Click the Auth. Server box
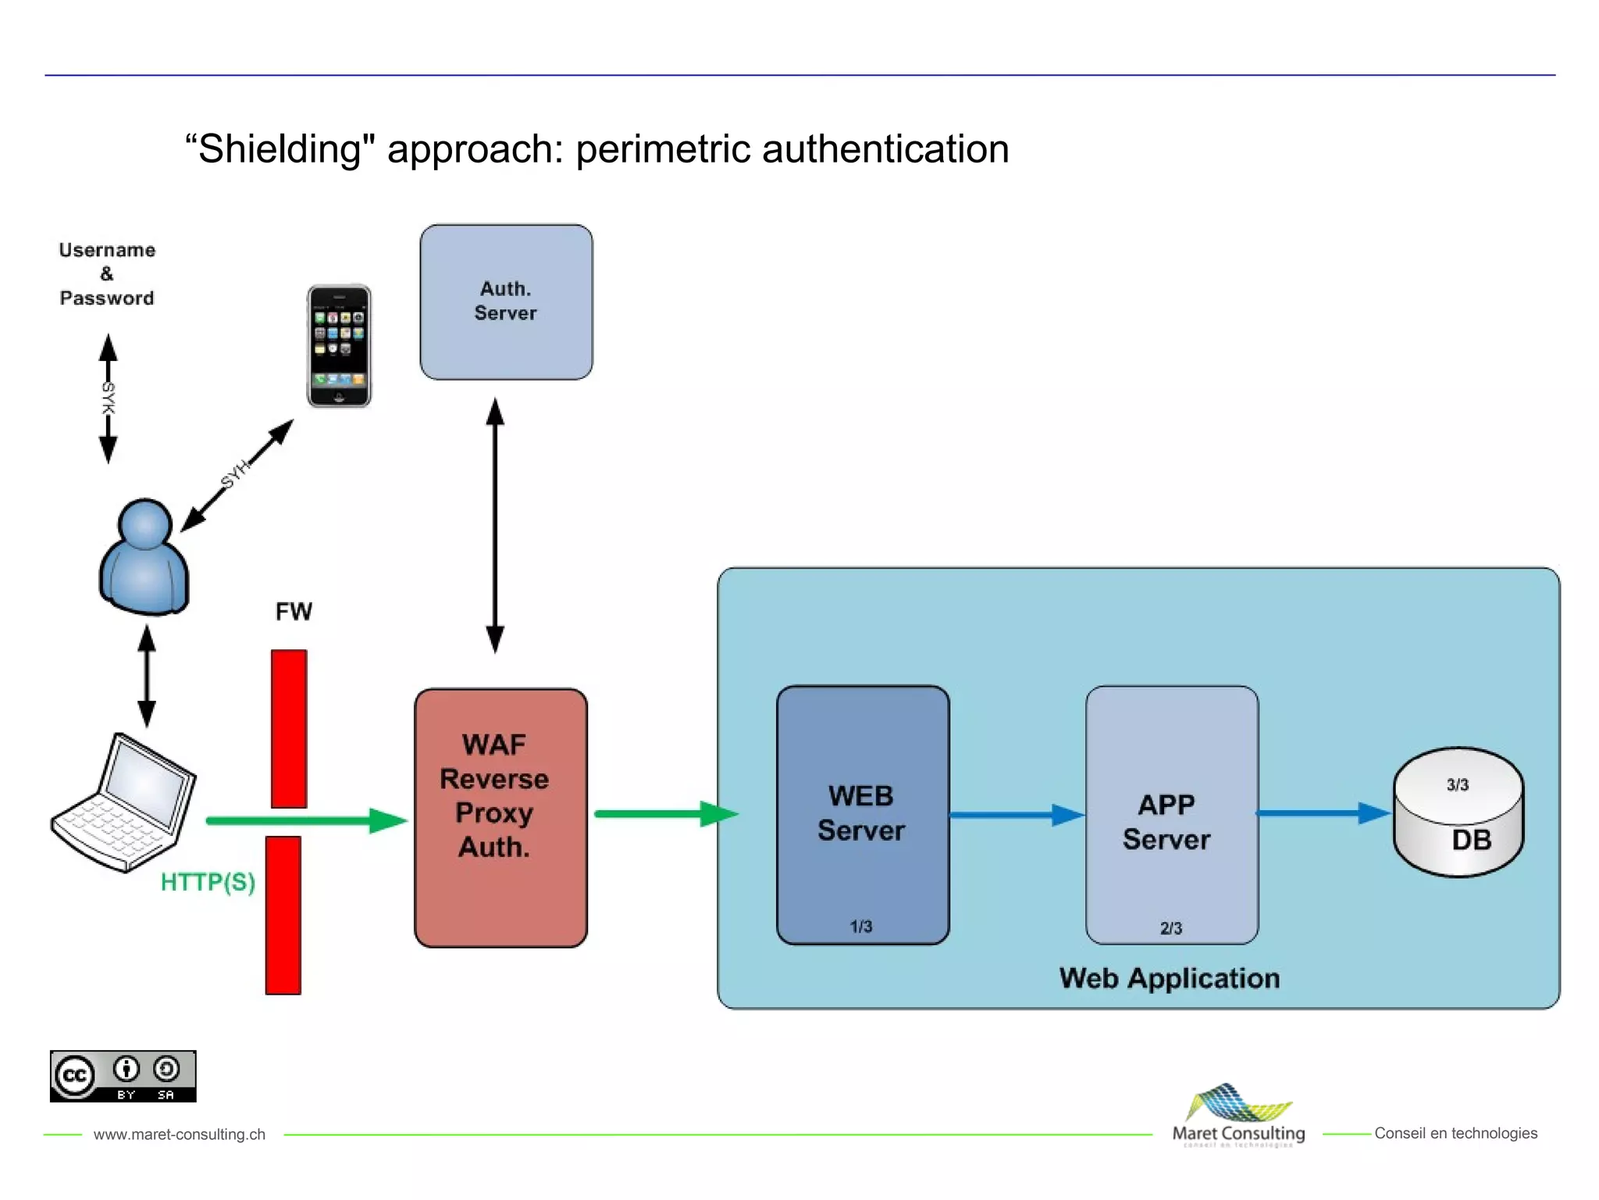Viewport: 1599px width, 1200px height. pyautogui.click(x=506, y=302)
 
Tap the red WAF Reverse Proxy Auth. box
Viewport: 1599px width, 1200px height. pyautogui.click(x=500, y=817)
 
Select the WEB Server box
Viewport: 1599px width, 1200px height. pyautogui.click(x=862, y=815)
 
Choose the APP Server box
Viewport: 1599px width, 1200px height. pyautogui.click(x=1171, y=815)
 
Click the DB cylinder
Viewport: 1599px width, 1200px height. pyautogui.click(x=1458, y=812)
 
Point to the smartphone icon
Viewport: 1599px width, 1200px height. pyautogui.click(x=339, y=345)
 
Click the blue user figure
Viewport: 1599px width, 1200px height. pyautogui.click(x=144, y=556)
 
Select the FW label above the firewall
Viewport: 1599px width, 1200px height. pyautogui.click(x=294, y=611)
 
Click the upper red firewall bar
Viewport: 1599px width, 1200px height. pyautogui.click(x=289, y=728)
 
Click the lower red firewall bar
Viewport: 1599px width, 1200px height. pyautogui.click(x=283, y=915)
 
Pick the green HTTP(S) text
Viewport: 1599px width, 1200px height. pyautogui.click(x=208, y=882)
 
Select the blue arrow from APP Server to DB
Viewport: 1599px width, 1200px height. pyautogui.click(x=1323, y=813)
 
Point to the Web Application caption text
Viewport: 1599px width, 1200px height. pyautogui.click(x=1169, y=978)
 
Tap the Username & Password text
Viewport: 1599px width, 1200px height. pyautogui.click(x=107, y=273)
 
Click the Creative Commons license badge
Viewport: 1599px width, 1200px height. pyautogui.click(x=123, y=1076)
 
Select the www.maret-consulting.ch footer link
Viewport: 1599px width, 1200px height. pyautogui.click(x=180, y=1134)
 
